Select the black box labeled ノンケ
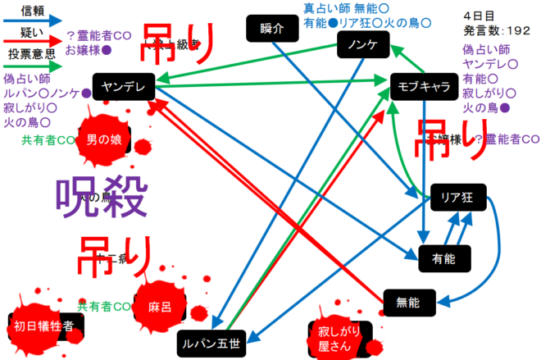click(361, 46)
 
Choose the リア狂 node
click(458, 198)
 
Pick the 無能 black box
click(407, 303)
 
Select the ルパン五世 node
click(211, 344)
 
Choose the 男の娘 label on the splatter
click(103, 139)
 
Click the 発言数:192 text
click(497, 30)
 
